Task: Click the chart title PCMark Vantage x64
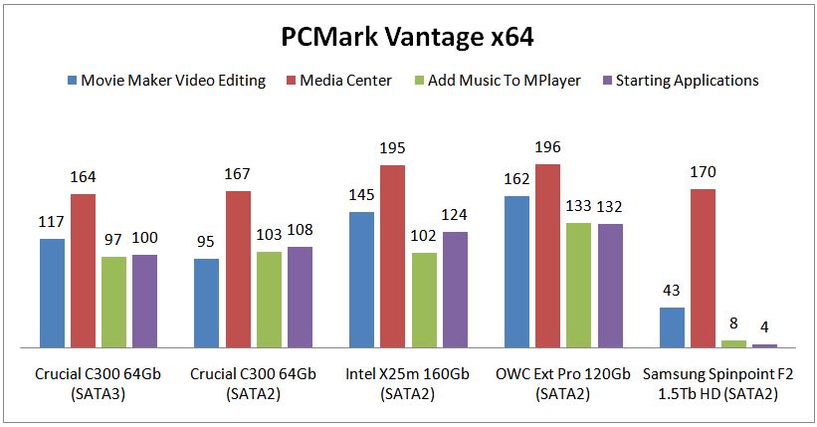[x=409, y=37]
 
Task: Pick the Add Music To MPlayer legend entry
[x=504, y=81]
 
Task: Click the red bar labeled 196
[x=548, y=256]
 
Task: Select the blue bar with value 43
[x=674, y=327]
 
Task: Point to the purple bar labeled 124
[x=455, y=289]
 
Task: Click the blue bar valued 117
[x=53, y=293]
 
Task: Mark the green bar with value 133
[x=578, y=285]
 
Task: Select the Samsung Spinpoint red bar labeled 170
[x=704, y=268]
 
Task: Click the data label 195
[x=393, y=148]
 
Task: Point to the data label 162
[x=517, y=179]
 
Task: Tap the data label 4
[x=764, y=327]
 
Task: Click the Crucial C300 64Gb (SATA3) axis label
[x=98, y=383]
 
